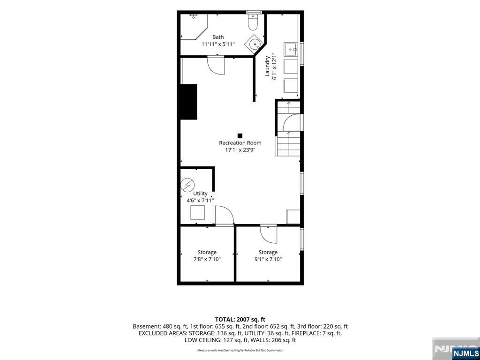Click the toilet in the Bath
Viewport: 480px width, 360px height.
click(253, 22)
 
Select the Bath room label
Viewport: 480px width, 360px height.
click(218, 37)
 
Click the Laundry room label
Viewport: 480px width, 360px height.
click(267, 66)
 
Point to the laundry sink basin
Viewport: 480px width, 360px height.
click(291, 49)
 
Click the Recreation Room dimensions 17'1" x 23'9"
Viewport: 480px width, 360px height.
click(240, 150)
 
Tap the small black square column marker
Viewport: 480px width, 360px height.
click(240, 135)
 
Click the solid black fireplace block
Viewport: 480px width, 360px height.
click(188, 102)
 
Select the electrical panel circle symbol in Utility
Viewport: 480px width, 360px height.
click(187, 185)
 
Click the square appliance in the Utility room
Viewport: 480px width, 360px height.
click(197, 212)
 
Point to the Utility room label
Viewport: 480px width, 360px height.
click(200, 194)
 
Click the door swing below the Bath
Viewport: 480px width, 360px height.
click(216, 66)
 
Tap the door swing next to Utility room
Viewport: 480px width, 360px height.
click(225, 215)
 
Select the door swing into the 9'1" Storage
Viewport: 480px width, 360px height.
click(269, 234)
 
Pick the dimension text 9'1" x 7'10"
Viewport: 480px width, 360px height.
click(268, 259)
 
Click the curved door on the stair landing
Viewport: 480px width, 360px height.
click(292, 122)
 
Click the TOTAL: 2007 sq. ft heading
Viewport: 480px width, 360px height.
click(240, 320)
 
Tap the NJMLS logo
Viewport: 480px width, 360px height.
click(465, 353)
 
